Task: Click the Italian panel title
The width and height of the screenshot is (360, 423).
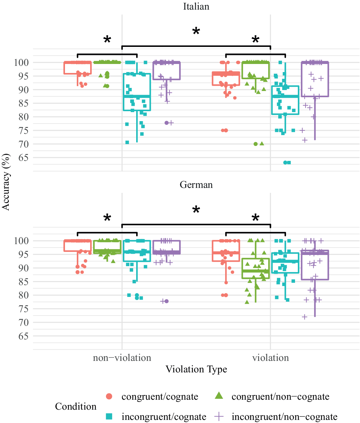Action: coord(196,7)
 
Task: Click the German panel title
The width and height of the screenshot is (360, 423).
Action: coord(196,185)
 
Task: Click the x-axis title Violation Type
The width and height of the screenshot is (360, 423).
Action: coord(196,369)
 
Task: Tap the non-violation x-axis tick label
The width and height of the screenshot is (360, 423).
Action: coord(122,358)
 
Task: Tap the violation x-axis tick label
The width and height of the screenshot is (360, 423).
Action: coord(270,358)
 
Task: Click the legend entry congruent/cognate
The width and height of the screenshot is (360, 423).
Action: coord(160,397)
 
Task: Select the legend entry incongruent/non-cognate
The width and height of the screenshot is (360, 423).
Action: coord(284,416)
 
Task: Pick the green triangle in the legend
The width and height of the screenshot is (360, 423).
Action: coord(219,396)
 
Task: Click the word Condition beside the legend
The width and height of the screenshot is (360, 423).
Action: coord(76,407)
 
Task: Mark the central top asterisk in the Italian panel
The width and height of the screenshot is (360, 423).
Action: coord(196,31)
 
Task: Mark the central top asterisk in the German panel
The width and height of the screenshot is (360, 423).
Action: coord(196,210)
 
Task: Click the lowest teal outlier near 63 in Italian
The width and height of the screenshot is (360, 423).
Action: coord(285,163)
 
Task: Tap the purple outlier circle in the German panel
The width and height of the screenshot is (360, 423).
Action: coord(166,301)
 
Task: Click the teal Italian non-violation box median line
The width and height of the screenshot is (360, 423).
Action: coord(137,96)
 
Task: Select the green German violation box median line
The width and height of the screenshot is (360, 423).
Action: coord(256,271)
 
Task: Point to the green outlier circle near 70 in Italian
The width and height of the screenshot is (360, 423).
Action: coord(256,144)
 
